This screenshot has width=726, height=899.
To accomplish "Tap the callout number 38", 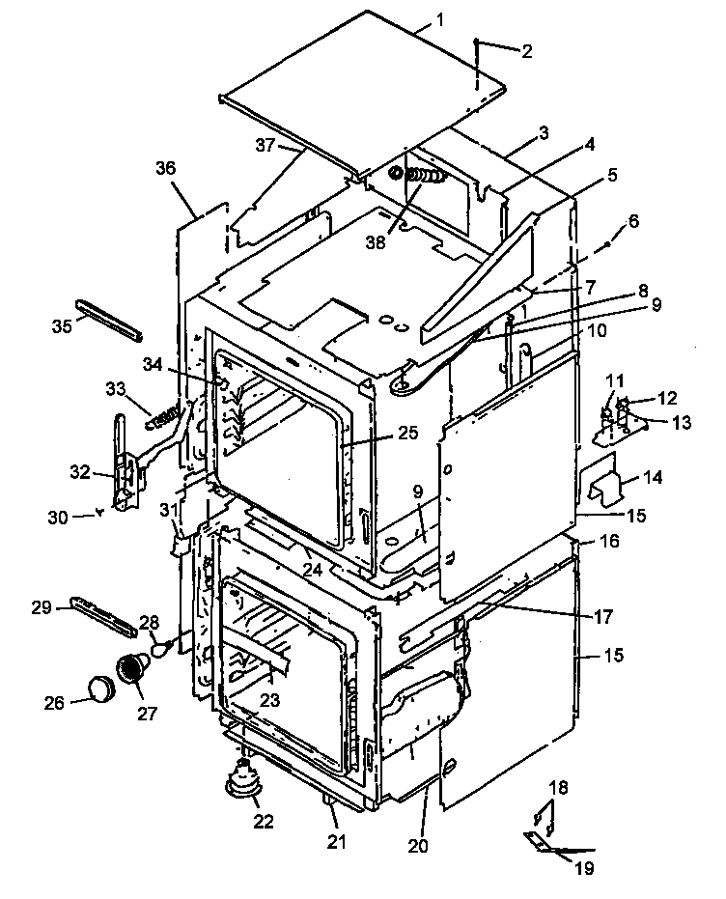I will (375, 243).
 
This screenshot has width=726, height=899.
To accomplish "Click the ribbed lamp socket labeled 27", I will (129, 667).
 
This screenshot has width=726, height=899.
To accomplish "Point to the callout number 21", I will (336, 842).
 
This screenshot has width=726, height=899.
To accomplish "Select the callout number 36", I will (166, 168).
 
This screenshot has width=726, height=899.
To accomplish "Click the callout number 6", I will (632, 220).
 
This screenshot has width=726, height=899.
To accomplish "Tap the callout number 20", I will (417, 846).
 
